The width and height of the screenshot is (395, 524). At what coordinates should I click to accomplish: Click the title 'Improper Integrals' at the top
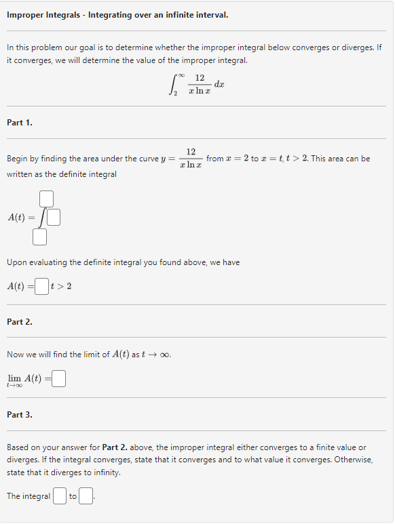(44, 14)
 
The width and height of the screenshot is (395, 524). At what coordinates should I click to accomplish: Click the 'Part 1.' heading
(20, 123)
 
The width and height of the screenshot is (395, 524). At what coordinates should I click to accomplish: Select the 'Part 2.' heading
(20, 321)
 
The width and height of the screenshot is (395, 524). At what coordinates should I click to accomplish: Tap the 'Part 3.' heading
(20, 414)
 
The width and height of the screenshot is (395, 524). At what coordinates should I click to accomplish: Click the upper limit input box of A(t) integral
(46, 199)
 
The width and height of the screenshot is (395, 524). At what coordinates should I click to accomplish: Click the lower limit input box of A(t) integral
(40, 237)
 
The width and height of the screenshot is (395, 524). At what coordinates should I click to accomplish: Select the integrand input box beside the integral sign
(54, 218)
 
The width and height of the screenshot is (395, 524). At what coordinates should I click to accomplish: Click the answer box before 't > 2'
(41, 286)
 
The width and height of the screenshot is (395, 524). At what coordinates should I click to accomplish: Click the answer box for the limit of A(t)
(58, 378)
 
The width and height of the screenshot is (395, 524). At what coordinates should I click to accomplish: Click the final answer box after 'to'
(86, 497)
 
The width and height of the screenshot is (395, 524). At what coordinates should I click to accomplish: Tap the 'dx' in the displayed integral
(219, 83)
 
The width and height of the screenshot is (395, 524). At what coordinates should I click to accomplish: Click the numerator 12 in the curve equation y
(191, 151)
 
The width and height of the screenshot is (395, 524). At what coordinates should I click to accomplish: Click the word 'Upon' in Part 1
(17, 262)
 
